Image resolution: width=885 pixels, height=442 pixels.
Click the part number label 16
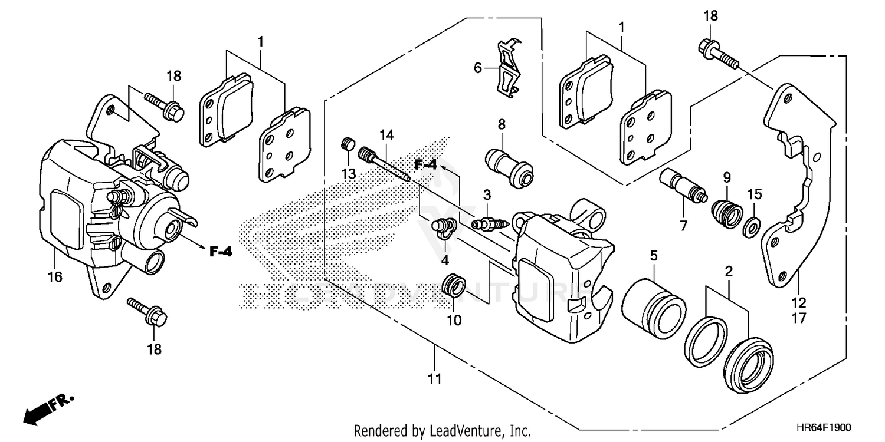coord(55,276)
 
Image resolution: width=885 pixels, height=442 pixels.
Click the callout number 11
coord(434,378)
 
